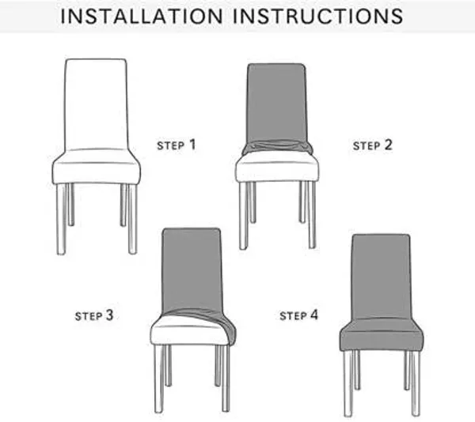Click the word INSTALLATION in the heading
(x=142, y=16)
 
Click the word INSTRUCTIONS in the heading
(x=317, y=16)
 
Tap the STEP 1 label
(x=177, y=145)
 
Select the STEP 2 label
(x=372, y=145)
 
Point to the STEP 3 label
(x=94, y=315)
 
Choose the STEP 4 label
(x=298, y=315)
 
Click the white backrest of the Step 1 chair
(x=96, y=104)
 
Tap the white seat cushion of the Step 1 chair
(x=97, y=167)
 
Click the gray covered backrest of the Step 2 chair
(x=277, y=103)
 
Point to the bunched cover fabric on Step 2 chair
(x=277, y=147)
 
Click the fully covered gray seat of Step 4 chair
(x=382, y=335)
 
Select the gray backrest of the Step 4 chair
(x=382, y=277)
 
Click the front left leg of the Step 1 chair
(x=61, y=219)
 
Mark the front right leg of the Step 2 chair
(x=312, y=215)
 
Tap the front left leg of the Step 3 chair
(x=159, y=379)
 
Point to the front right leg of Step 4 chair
(x=416, y=383)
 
